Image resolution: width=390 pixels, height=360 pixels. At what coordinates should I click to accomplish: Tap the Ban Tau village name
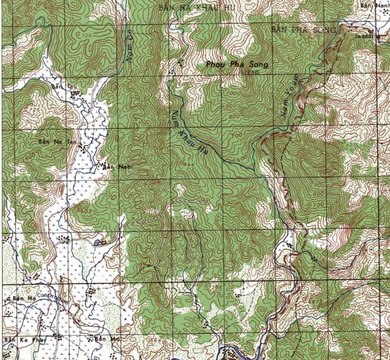pyautogui.click(x=59, y=86)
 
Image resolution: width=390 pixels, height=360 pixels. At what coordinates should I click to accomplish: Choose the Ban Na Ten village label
pyautogui.click(x=49, y=141)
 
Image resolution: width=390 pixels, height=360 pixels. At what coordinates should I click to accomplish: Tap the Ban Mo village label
pyautogui.click(x=101, y=339)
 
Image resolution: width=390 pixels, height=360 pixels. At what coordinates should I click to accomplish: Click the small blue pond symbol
pyautogui.click(x=97, y=242)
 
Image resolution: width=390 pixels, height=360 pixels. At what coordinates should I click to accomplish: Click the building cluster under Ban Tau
pyautogui.click(x=76, y=94)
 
